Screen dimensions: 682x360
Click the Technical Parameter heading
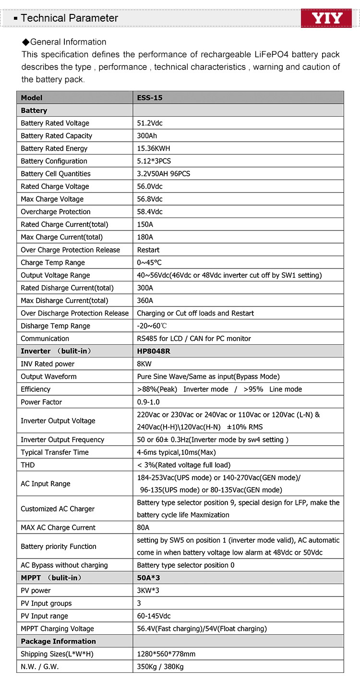click(69, 18)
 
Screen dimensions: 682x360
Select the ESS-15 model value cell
click(150, 97)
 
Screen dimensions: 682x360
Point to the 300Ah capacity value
click(147, 136)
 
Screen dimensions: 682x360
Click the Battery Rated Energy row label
click(54, 148)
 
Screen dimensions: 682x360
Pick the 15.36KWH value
click(154, 148)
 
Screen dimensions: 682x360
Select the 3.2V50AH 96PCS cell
click(164, 174)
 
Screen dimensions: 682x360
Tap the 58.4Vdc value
click(150, 212)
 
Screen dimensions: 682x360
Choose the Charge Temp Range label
click(53, 263)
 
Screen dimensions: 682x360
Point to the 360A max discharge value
click(145, 301)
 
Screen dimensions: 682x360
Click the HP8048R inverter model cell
click(154, 351)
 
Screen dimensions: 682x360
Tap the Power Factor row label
click(41, 402)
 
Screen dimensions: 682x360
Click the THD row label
click(28, 465)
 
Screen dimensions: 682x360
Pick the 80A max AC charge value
click(143, 527)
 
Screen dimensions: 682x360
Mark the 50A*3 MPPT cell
click(148, 578)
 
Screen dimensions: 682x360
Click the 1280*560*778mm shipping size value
click(166, 654)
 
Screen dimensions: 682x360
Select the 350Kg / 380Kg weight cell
click(160, 667)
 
